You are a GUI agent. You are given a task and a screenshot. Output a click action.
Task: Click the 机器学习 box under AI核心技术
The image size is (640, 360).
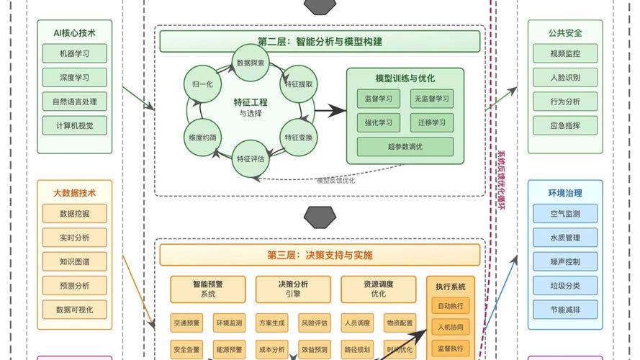coord(75,53)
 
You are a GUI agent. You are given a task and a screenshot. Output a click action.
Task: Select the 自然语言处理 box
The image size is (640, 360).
coord(75,101)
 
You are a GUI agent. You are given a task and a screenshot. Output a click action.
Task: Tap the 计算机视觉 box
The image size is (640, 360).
coord(75,125)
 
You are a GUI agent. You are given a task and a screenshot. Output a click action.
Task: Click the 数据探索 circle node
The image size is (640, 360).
coord(251,63)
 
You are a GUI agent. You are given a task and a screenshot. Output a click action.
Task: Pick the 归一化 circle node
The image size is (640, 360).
coord(202,84)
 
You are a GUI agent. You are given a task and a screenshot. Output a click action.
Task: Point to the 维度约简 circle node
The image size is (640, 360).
coord(202,137)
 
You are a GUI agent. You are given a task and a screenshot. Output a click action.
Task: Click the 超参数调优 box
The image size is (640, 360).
coord(405,147)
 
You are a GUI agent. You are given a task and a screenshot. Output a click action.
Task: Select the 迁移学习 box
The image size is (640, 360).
coord(432,122)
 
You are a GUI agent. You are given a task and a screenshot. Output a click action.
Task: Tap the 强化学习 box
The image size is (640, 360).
coord(378,122)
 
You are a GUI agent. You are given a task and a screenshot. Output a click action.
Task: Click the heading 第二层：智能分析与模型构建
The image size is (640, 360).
coord(320,42)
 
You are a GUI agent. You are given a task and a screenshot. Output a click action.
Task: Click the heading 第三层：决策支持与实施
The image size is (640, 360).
coord(320,255)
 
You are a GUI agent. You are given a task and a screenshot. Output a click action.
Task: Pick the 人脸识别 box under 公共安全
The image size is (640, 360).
coord(565,77)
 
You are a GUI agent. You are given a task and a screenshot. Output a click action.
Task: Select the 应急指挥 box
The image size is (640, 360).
coord(565,125)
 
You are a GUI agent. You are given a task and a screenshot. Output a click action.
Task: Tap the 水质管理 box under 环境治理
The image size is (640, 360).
coord(565,238)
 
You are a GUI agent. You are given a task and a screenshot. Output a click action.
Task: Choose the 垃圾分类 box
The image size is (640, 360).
coord(565,286)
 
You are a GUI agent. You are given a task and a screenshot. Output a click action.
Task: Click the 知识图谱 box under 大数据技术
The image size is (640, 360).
coord(75,261)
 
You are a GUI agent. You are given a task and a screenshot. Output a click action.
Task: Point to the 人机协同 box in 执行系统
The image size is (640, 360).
coord(451,328)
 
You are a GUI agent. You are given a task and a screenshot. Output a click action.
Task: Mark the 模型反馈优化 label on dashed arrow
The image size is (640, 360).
coord(335,180)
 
